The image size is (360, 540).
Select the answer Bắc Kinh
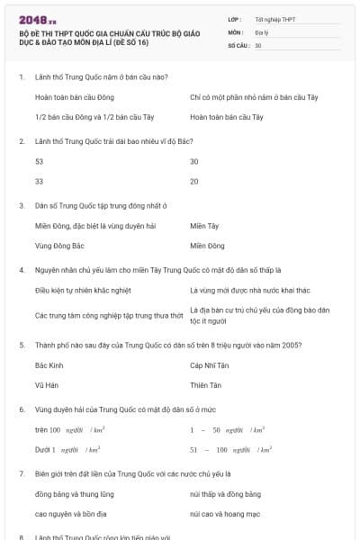(49, 365)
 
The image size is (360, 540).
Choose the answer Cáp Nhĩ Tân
(209, 365)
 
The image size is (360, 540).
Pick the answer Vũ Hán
(46, 385)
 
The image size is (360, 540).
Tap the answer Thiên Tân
(205, 385)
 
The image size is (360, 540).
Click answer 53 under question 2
(39, 161)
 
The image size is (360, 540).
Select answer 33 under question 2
(39, 181)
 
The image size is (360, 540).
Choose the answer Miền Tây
(204, 226)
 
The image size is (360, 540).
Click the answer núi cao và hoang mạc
(226, 513)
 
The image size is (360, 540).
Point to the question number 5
(22, 345)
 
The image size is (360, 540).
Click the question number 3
(22, 205)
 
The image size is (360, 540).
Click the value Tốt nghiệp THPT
(275, 18)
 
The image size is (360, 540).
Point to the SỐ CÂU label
(238, 44)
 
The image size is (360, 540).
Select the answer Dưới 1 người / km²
(67, 448)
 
